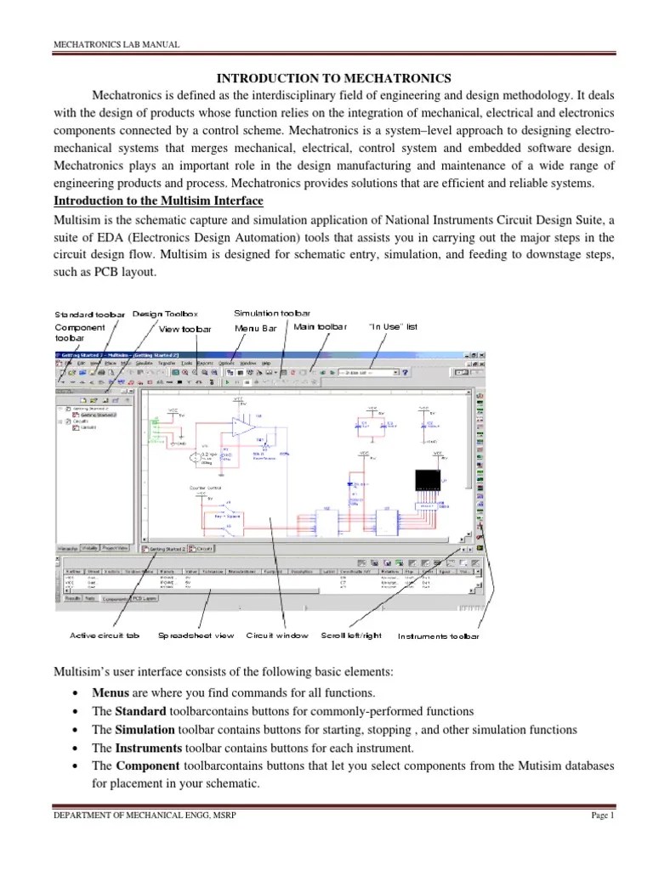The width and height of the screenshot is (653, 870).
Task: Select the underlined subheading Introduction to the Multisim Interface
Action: (x=159, y=201)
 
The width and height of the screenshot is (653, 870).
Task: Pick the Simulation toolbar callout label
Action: (x=272, y=314)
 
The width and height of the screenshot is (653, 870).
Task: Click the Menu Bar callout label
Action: (x=256, y=328)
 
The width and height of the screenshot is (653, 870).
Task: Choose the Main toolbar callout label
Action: (x=321, y=326)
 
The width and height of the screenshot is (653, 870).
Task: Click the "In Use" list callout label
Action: (x=392, y=326)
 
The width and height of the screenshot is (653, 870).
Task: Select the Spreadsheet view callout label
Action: (x=196, y=636)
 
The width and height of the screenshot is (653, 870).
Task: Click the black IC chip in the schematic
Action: (x=428, y=481)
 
